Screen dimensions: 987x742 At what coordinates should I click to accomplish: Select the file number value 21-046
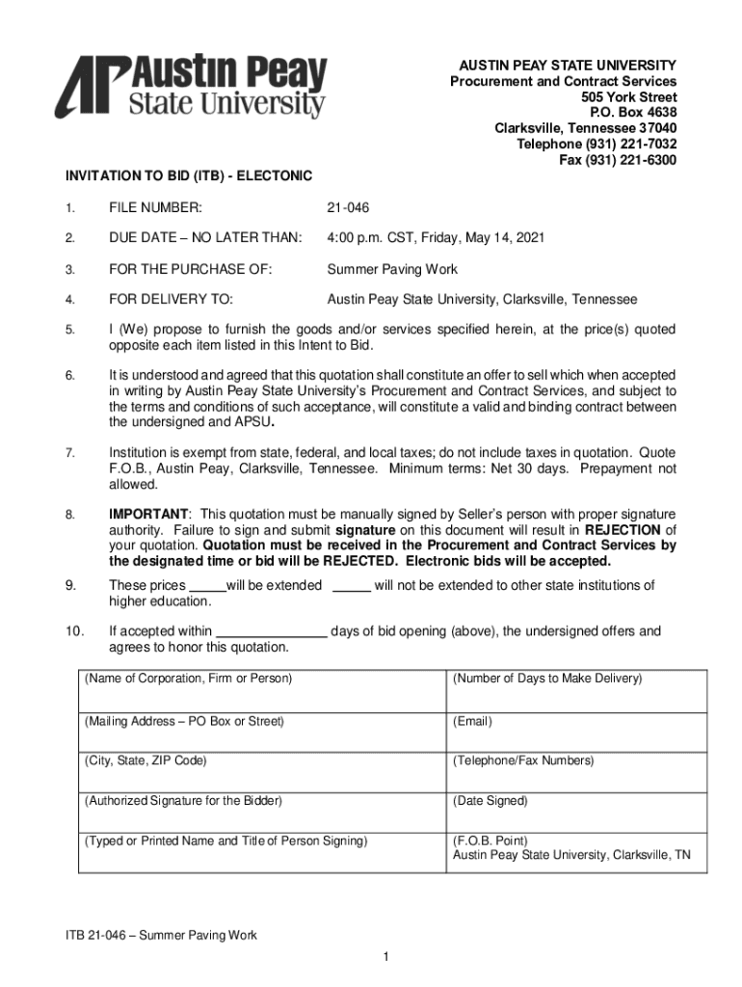(x=348, y=208)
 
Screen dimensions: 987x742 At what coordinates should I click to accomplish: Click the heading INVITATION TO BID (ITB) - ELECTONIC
(x=189, y=176)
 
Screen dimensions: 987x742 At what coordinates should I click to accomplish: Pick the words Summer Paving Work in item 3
(x=392, y=269)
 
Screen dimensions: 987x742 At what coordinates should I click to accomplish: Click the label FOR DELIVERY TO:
(x=171, y=300)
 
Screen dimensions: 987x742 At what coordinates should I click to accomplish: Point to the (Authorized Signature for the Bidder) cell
(x=260, y=811)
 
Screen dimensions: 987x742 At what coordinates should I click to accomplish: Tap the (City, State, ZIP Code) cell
(x=260, y=770)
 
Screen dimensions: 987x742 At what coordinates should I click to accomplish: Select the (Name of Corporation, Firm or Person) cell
(x=260, y=689)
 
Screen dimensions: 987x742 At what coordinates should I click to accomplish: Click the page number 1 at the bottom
(x=384, y=956)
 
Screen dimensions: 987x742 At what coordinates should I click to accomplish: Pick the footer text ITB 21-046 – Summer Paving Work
(x=161, y=936)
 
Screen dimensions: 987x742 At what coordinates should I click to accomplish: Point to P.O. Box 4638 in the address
(x=628, y=113)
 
